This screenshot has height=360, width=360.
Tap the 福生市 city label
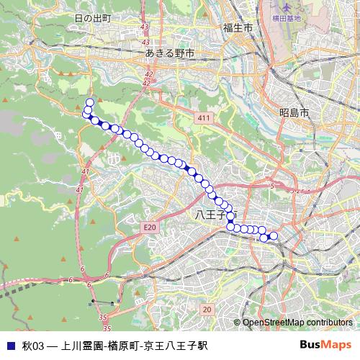pyautogui.click(x=237, y=27)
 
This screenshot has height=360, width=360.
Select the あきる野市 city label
pyautogui.click(x=169, y=53)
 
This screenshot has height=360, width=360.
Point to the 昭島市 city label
pyautogui.click(x=294, y=113)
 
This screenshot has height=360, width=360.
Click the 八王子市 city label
pyautogui.click(x=215, y=215)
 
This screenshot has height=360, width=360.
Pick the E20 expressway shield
pyautogui.click(x=149, y=227)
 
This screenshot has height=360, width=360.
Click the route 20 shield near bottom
pyautogui.click(x=207, y=309)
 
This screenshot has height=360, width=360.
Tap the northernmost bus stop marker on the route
pyautogui.click(x=90, y=102)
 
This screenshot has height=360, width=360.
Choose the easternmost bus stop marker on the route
pyautogui.click(x=274, y=235)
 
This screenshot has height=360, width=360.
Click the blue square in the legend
pyautogui.click(x=11, y=345)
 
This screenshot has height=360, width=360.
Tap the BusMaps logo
pyautogui.click(x=325, y=344)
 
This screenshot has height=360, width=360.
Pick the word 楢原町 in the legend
pyautogui.click(x=126, y=345)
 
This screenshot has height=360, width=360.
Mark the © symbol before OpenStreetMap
pyautogui.click(x=237, y=323)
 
